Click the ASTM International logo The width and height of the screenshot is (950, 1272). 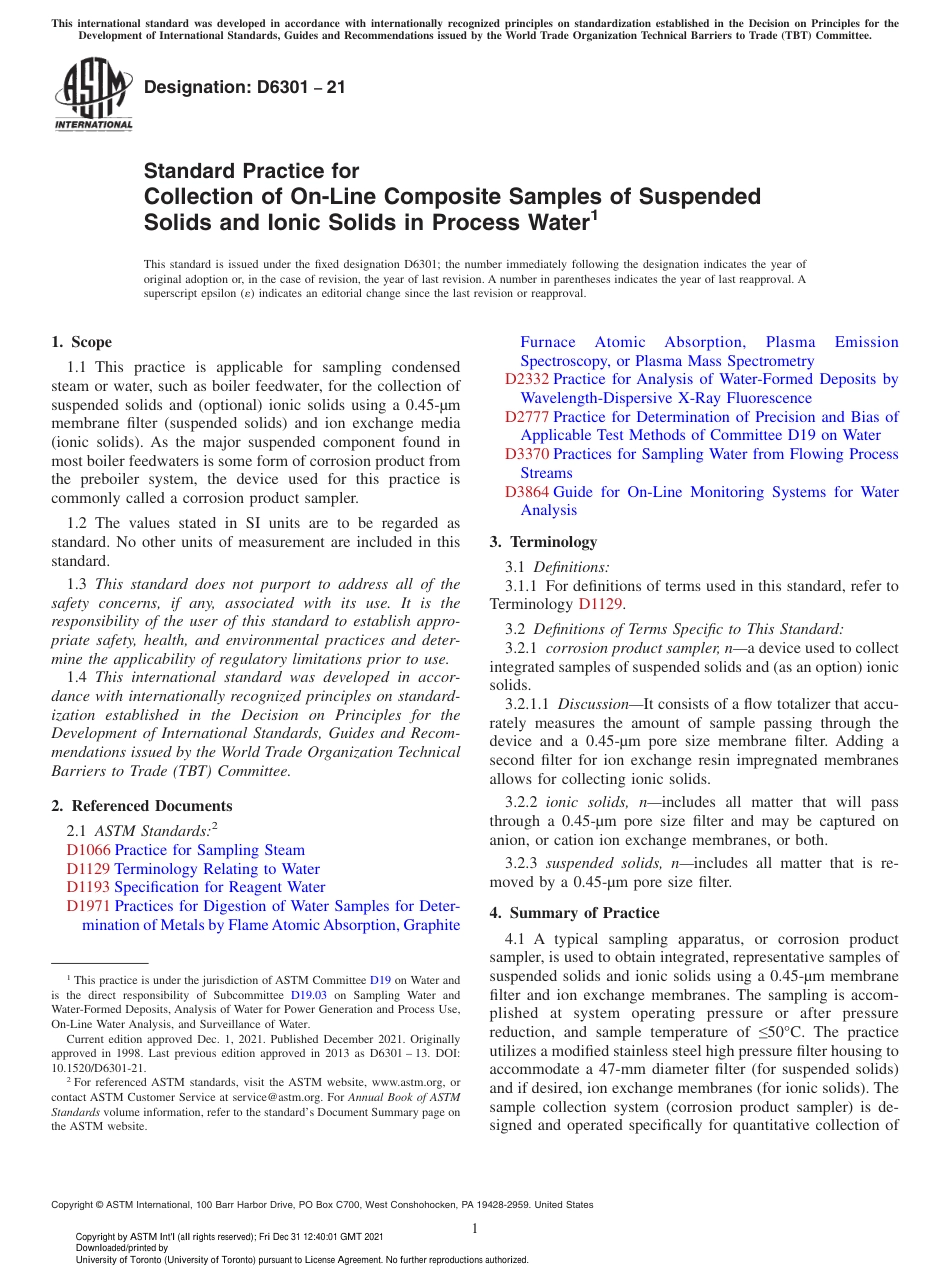pyautogui.click(x=92, y=95)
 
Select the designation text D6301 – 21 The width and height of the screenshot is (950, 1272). pyautogui.click(x=245, y=87)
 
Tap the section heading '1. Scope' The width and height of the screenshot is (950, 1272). pyautogui.click(x=81, y=342)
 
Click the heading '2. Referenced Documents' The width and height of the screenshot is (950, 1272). pyautogui.click(x=141, y=806)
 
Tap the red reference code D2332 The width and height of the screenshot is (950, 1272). pyautogui.click(x=526, y=379)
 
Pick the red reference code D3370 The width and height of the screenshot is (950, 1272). pyautogui.click(x=526, y=454)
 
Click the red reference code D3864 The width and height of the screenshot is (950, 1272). pyautogui.click(x=526, y=492)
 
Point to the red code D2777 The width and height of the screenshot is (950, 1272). pyautogui.click(x=526, y=417)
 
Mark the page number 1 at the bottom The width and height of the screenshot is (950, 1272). pyautogui.click(x=475, y=1228)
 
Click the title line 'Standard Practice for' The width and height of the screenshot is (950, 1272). pyautogui.click(x=251, y=171)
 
